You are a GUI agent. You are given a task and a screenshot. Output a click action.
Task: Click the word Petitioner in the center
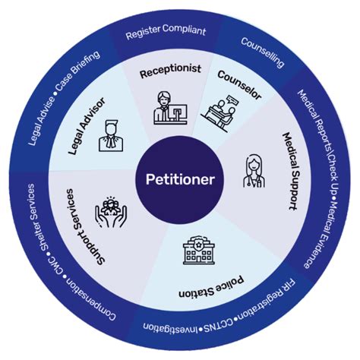pos(180,179)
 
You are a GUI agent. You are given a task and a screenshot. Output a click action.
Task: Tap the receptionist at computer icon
pos(170,108)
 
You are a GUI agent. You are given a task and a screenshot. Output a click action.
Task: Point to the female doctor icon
pos(254,171)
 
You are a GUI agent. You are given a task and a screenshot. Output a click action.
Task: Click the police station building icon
pos(199,250)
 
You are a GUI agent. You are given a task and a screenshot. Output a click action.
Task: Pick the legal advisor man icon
pos(111,136)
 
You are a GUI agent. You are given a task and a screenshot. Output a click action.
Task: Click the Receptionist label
pos(170,71)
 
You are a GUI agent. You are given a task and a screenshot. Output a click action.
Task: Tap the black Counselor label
pos(239,85)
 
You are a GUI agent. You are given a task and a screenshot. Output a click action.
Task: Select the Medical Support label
pos(290,171)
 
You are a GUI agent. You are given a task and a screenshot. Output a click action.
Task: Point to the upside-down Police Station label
pos(212,287)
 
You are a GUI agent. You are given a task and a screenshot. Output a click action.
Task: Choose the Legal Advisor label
pos(87,126)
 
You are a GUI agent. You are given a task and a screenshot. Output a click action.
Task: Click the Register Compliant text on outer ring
pos(166,32)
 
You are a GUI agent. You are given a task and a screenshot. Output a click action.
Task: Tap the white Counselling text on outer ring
pos(263,52)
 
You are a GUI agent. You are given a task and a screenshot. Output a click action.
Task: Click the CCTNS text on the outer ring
pos(219,326)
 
